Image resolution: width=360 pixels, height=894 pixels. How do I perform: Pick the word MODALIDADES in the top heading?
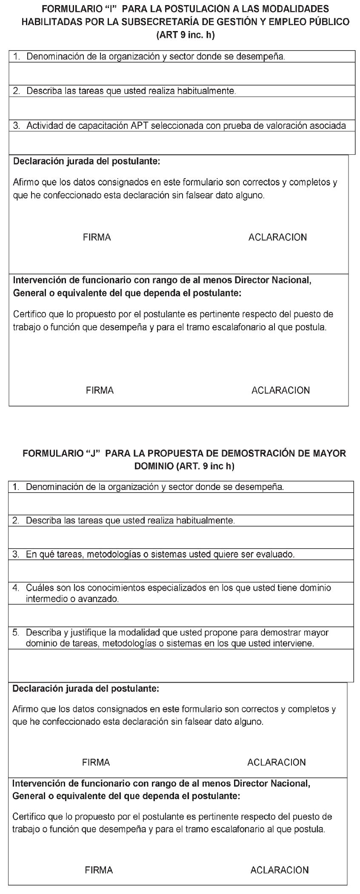point(290,9)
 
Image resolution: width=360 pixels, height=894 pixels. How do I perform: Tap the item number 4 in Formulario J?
point(16,588)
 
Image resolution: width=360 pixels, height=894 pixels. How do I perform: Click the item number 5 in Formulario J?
point(16,632)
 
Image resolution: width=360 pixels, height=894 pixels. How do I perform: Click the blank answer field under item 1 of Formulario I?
point(182,74)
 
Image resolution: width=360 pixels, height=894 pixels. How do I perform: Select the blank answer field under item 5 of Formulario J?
point(181,666)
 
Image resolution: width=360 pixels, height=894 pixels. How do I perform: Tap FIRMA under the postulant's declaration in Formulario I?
point(97,237)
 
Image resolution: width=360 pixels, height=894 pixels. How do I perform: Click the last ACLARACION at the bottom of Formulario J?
point(280,870)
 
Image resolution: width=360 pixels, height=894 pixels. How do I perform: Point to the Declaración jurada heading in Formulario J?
point(86,689)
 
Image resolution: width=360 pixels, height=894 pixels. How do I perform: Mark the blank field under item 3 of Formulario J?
point(181,571)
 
